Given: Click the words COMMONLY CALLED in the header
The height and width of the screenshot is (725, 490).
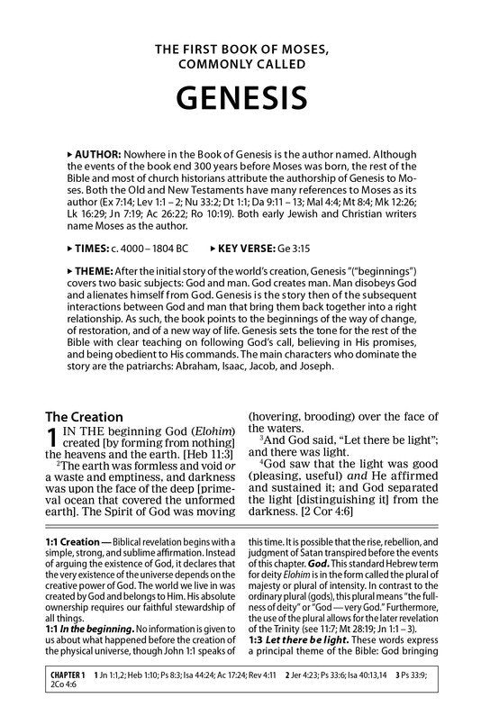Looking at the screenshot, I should [245, 63].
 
